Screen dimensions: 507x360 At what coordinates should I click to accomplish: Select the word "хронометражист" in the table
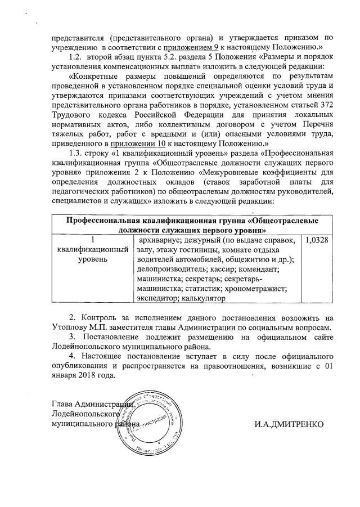coord(258,289)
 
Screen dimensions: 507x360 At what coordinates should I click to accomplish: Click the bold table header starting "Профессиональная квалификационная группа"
coord(192,224)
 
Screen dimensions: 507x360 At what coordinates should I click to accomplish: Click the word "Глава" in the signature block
coord(62,403)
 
